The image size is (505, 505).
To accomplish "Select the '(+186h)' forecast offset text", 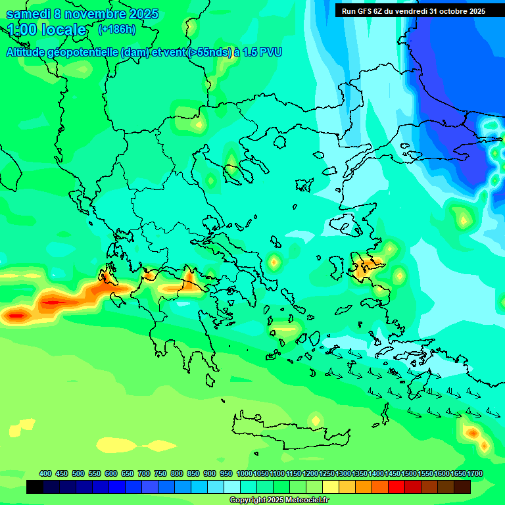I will pos(116,30).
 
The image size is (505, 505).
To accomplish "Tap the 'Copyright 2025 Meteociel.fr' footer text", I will pos(279,500).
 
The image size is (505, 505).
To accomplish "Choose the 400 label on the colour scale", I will pos(45,474).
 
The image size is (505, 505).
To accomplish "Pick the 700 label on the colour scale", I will pos(144,474).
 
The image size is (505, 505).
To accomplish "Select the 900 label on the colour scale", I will pos(210,474).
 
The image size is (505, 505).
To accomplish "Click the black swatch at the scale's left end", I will pos(35,487).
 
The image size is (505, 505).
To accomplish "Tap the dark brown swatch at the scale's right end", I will pos(462,487).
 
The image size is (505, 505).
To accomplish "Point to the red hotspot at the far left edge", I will pos(14,316).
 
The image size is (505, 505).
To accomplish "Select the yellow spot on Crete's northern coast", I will pos(316,420).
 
